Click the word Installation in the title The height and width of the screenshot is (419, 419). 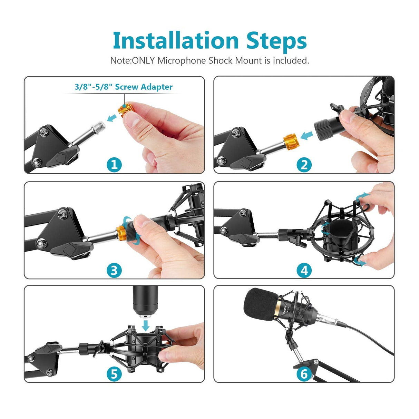click(176, 41)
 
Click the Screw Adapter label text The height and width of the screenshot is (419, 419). click(124, 87)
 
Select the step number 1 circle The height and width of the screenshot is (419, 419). click(114, 165)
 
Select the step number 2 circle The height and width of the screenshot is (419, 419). click(304, 165)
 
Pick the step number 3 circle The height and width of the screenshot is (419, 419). click(114, 270)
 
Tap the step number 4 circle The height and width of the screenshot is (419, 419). click(304, 270)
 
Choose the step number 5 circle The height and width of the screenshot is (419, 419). click(114, 373)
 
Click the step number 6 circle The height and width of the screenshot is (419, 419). click(304, 374)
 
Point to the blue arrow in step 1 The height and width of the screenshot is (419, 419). click(112, 118)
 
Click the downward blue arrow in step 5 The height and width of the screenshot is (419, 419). click(146, 325)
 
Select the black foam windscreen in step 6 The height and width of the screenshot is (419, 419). click(259, 304)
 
